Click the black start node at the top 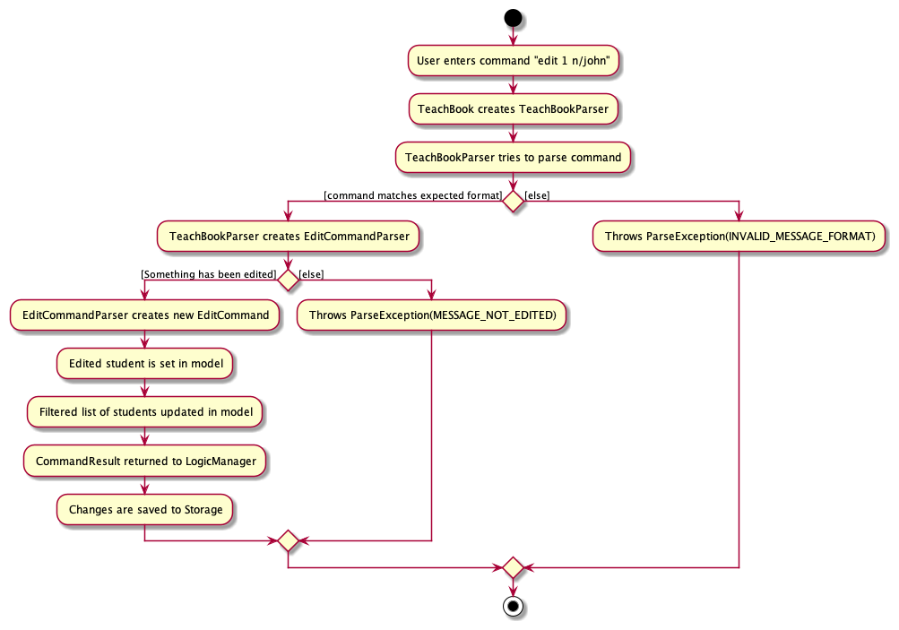513,17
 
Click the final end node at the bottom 513,607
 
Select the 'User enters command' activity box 513,61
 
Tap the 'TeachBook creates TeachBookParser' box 513,109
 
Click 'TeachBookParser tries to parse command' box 513,157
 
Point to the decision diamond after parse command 513,201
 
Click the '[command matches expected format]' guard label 413,195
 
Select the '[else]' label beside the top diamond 537,195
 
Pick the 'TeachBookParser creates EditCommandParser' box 288,237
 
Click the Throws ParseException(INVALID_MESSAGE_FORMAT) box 739,237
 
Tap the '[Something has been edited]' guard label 208,274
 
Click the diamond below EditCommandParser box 288,280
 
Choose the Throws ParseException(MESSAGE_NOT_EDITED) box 432,315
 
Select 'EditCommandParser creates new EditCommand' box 144,315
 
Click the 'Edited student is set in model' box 144,364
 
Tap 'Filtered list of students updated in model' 144,412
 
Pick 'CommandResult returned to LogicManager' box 144,461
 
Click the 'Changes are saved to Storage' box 144,509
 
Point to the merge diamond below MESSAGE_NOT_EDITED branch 288,540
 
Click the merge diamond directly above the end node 513,567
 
